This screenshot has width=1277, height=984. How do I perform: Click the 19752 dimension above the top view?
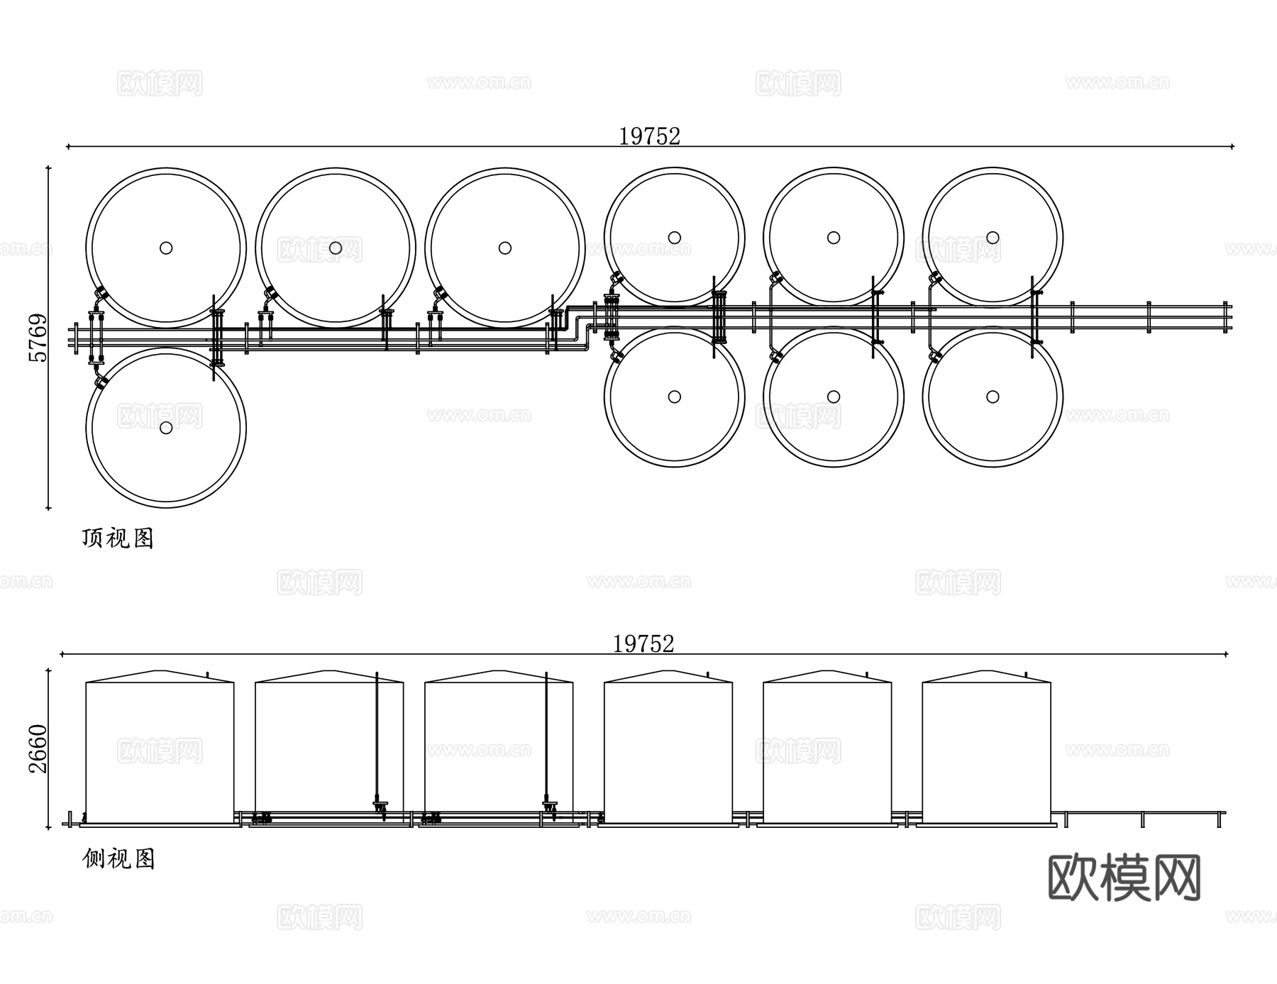coord(649,136)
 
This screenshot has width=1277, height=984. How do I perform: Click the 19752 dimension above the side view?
coord(643,643)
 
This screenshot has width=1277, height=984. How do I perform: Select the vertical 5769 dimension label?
coord(37,338)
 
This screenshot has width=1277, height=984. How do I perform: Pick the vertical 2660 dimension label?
coord(37,749)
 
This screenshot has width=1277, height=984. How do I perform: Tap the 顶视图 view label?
coord(118,538)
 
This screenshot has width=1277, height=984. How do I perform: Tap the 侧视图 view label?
coord(118,859)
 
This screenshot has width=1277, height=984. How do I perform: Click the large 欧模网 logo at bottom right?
coord(1124,878)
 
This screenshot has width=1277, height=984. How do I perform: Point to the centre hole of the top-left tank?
coord(166,248)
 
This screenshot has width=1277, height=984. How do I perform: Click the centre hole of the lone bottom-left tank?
coord(166,428)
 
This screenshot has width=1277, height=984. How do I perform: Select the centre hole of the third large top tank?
coord(505,248)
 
